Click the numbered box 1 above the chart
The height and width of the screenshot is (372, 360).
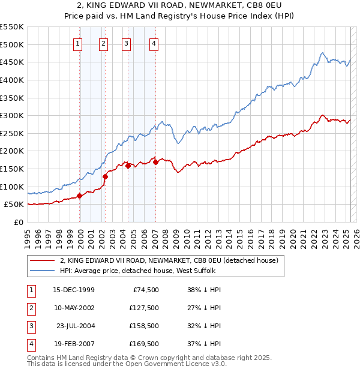[x=79, y=43]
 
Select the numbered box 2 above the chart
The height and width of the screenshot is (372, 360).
[x=104, y=43]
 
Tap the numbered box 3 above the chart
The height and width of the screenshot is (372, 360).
[x=127, y=43]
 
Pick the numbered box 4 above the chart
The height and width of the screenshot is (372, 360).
[x=154, y=43]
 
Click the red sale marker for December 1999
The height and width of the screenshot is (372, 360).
[x=80, y=196]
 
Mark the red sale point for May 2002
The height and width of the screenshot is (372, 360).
[x=105, y=176]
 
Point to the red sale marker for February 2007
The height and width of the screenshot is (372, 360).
[x=155, y=161]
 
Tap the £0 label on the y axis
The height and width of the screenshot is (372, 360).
[x=18, y=222]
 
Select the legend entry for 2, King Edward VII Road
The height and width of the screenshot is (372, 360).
[x=169, y=261]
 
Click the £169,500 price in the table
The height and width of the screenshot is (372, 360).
[x=144, y=344]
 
